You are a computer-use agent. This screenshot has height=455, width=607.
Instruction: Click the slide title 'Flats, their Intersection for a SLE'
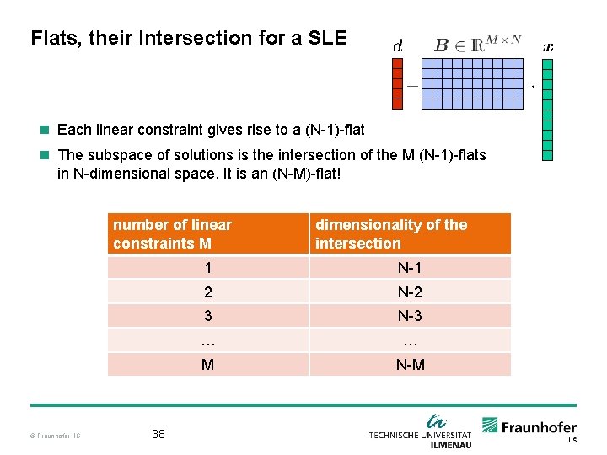188,38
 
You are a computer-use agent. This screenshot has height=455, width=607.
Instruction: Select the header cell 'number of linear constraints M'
207,233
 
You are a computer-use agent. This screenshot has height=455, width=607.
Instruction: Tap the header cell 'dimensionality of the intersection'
410,233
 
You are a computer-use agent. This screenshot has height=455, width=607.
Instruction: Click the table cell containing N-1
410,268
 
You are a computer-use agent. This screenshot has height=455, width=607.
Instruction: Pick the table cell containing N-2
410,292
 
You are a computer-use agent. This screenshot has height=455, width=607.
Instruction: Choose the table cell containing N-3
410,316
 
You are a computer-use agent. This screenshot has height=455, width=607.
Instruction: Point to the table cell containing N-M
410,365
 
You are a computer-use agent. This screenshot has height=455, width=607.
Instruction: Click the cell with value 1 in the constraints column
207,268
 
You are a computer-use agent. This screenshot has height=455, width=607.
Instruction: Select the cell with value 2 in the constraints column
207,292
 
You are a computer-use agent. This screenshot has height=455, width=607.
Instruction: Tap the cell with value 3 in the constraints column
207,316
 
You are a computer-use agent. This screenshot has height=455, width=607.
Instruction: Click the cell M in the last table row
207,365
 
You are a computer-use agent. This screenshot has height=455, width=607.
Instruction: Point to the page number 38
158,434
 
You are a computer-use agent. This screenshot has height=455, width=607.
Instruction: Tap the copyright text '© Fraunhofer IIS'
56,436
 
